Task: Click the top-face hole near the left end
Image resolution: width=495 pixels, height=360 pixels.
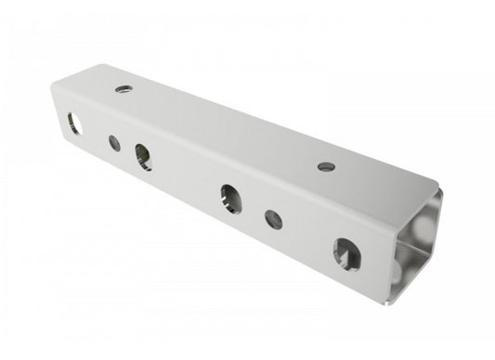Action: [x=123, y=89]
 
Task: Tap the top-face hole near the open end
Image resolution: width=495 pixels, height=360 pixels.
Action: [x=325, y=167]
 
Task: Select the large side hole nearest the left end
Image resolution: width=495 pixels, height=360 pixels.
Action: [x=73, y=122]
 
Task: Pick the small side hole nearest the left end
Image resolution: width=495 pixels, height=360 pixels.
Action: [x=113, y=143]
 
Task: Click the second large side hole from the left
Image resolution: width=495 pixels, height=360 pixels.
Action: [x=143, y=156]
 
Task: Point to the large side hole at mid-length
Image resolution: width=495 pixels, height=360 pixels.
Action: [x=230, y=198]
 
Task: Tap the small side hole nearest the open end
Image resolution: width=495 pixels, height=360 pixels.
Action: [x=272, y=219]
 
